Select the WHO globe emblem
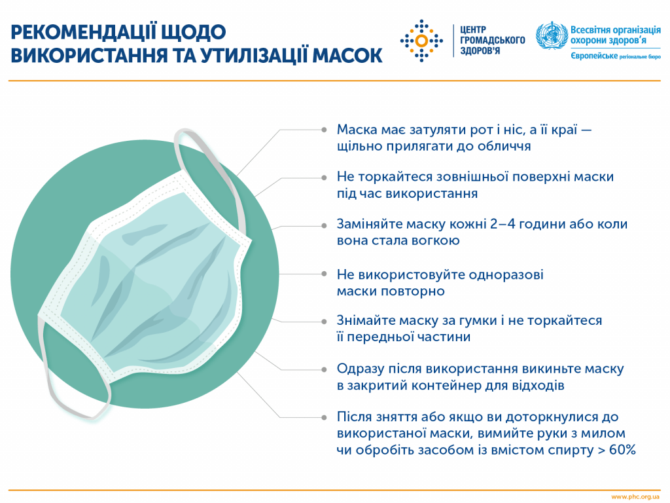pyautogui.click(x=550, y=37)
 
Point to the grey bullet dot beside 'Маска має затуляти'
pyautogui.click(x=323, y=130)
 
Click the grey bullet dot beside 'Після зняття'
pyautogui.click(x=323, y=417)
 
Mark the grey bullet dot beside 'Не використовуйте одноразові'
pyautogui.click(x=323, y=274)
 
